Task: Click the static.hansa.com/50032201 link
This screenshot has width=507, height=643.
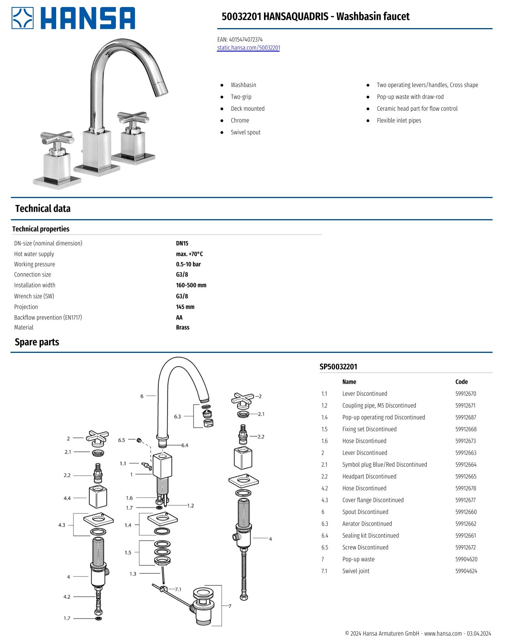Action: click(248, 48)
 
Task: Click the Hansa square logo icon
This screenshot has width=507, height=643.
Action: click(23, 18)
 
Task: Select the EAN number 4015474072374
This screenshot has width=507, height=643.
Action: click(246, 39)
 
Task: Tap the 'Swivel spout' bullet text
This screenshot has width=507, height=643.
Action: click(245, 132)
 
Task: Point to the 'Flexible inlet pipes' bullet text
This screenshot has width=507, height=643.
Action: click(399, 120)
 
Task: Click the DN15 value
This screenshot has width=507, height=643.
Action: click(182, 243)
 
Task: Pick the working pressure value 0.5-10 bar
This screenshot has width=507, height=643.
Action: click(188, 264)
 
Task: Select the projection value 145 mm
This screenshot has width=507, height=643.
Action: click(185, 307)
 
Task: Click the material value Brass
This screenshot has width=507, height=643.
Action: click(183, 328)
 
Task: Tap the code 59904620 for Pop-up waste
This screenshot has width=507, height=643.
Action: click(466, 559)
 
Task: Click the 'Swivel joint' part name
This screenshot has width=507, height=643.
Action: click(356, 571)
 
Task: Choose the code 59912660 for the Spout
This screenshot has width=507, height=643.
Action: click(466, 512)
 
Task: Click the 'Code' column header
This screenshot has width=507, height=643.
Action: click(461, 382)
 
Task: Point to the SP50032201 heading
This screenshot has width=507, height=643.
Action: click(338, 367)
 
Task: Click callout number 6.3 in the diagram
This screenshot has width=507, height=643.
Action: click(177, 416)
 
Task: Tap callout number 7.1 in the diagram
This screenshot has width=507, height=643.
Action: click(178, 589)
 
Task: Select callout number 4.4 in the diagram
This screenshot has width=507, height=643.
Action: click(67, 498)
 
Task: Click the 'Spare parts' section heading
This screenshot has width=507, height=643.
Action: click(37, 342)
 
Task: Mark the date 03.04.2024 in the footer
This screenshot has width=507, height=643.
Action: click(479, 634)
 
